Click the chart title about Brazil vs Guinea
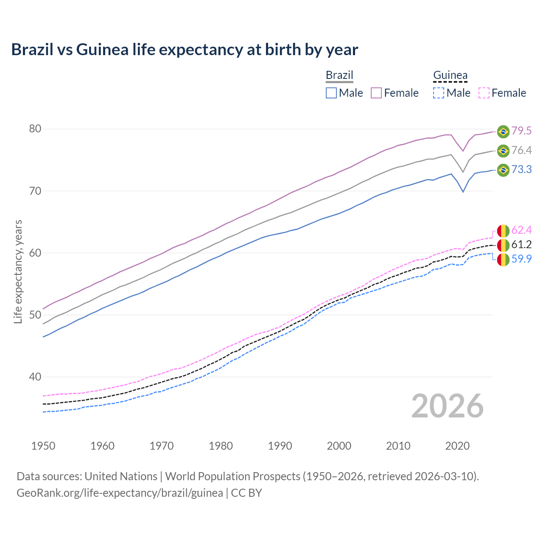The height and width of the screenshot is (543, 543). [185, 50]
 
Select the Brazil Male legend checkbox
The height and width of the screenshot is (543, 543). [331, 93]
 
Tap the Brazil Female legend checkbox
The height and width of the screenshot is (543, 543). [376, 93]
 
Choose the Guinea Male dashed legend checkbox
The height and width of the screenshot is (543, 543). [439, 93]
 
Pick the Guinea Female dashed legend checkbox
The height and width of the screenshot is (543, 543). [484, 93]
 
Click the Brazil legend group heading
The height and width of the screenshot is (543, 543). [339, 75]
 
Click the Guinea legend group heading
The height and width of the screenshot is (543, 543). [450, 75]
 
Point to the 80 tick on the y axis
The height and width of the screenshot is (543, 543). [35, 129]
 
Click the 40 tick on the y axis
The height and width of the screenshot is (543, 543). [35, 377]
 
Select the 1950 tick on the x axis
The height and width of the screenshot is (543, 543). [43, 446]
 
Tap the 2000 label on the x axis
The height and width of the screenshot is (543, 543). [339, 446]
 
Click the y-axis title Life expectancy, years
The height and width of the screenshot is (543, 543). [18, 271]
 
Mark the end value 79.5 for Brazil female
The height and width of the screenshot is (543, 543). [521, 131]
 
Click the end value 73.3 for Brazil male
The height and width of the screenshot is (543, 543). [521, 170]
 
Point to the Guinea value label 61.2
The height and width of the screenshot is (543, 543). [521, 244]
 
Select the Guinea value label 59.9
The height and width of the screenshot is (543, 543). [521, 259]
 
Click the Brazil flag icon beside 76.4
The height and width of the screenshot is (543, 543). [503, 151]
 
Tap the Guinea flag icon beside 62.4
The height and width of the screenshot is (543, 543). [503, 230]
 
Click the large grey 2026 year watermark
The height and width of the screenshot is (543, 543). [448, 406]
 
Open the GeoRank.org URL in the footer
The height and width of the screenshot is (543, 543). [120, 493]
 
